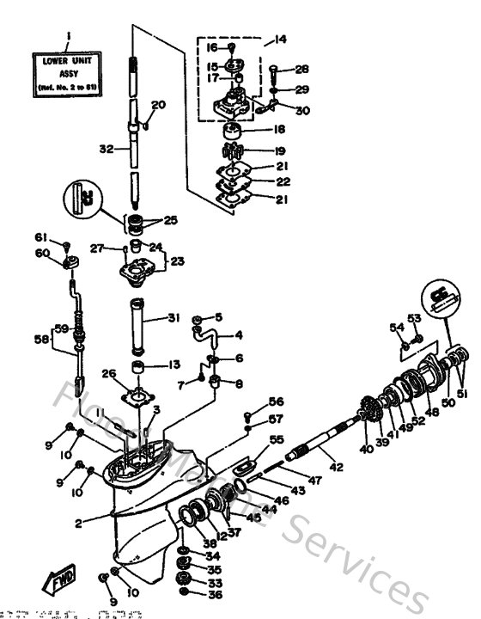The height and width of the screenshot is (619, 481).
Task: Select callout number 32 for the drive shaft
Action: pyautogui.click(x=106, y=149)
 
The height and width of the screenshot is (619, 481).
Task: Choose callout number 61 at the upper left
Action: pyautogui.click(x=40, y=237)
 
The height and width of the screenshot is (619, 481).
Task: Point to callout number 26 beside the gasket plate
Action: pyautogui.click(x=108, y=373)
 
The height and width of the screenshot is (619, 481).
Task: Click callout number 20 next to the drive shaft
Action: pyautogui.click(x=158, y=106)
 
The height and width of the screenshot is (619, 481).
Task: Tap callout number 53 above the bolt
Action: pyautogui.click(x=414, y=318)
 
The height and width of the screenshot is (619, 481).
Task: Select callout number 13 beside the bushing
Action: pyautogui.click(x=175, y=364)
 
